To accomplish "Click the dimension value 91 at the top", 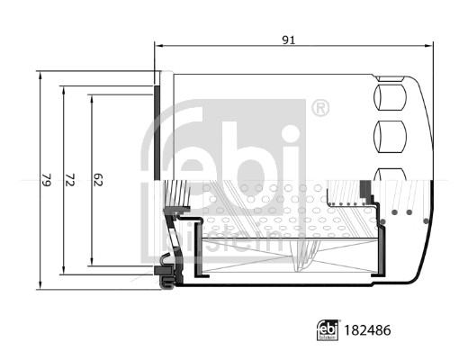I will coord(289,39).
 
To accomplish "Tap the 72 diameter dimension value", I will coord(68,181).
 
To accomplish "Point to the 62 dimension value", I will coord(99,181).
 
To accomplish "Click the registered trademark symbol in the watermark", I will coord(319,109).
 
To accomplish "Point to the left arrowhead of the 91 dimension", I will coord(159,46).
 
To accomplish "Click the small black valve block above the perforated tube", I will coord(364,190).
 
